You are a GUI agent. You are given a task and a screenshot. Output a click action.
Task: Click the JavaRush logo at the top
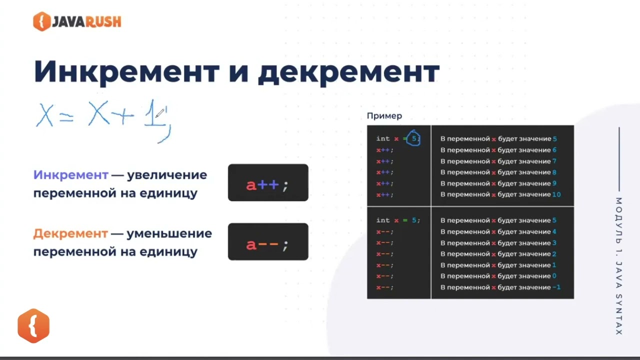click(77, 21)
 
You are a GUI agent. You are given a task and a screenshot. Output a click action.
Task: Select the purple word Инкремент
click(70, 175)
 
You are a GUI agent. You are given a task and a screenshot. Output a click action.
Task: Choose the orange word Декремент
click(70, 233)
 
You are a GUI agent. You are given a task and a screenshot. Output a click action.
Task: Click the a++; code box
click(268, 183)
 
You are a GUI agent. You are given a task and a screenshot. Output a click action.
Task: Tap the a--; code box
click(268, 242)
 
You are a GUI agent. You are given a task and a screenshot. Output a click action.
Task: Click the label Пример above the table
click(384, 116)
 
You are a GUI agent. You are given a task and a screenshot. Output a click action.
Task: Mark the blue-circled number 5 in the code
click(413, 138)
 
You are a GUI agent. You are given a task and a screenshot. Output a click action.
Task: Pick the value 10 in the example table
click(556, 194)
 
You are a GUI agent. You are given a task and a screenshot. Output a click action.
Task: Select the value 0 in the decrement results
click(554, 276)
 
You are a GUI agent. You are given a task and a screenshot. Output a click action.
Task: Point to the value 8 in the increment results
click(554, 172)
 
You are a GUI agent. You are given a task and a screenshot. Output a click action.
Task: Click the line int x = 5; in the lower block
click(398, 220)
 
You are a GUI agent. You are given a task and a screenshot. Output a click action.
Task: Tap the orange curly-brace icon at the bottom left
click(33, 325)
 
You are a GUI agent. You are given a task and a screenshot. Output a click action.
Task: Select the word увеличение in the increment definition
click(167, 175)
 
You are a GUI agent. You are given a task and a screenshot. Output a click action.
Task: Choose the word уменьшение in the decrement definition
click(169, 233)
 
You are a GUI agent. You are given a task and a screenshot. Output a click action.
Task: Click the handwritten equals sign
click(66, 117)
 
